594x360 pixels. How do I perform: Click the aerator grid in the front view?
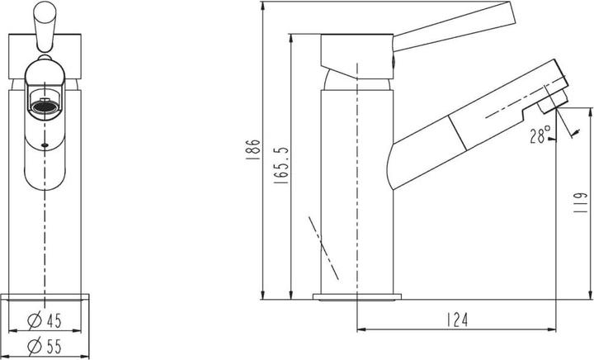pos(45,104)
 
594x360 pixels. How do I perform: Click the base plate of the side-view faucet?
pos(356,295)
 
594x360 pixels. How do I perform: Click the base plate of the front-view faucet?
pos(46,297)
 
